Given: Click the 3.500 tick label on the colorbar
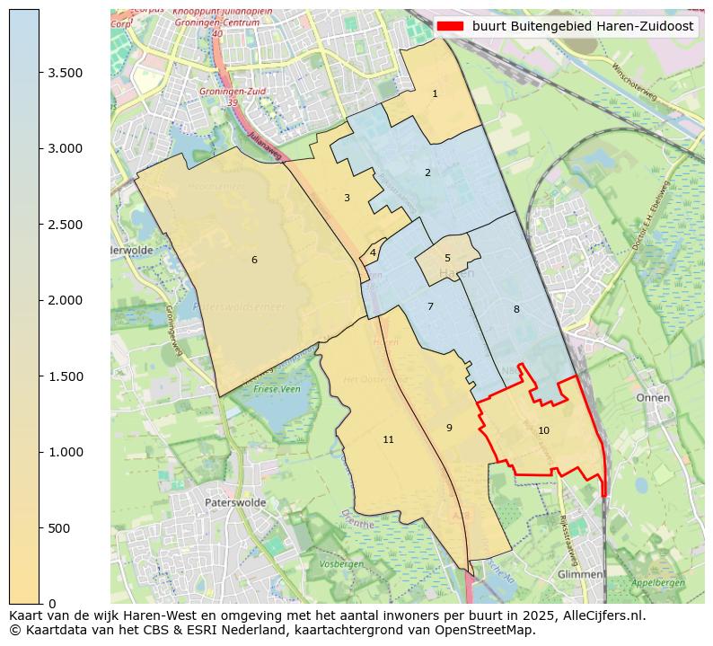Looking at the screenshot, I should pos(66,73).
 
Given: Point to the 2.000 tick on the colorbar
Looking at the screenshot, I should pos(66,300).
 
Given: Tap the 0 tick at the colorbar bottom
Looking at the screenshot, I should pos(51,604).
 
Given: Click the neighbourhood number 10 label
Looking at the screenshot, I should pos(543,431).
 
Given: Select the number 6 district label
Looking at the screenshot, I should pos(254,261).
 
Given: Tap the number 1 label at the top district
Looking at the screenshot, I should pos(435,93).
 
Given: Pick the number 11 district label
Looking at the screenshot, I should pos(388,440).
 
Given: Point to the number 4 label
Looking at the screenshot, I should pos(373,253).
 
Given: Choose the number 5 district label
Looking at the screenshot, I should pos(447,259).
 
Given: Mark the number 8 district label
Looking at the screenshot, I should pos(516,310).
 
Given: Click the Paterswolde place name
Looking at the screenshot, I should pos(235,503).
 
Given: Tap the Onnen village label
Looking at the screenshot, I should pos(653,397).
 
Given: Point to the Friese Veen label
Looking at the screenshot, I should pos(277,389).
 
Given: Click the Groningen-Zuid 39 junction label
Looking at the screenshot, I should pos(220,97).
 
